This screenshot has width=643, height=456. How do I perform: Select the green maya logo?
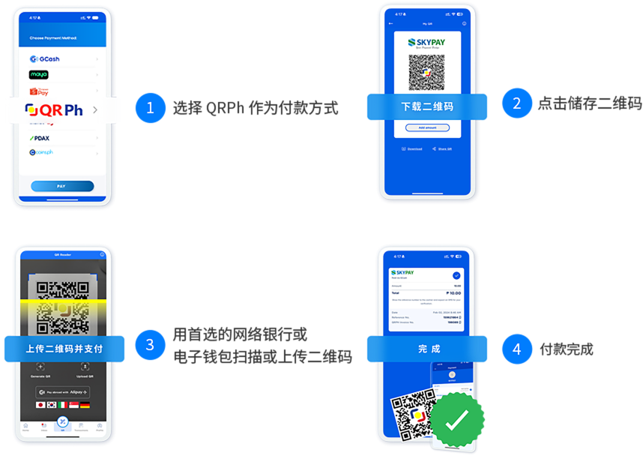(39, 74)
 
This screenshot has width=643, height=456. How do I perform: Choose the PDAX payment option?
(40, 138)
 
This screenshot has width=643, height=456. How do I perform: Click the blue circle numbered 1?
(150, 108)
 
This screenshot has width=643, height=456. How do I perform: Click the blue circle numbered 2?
(516, 102)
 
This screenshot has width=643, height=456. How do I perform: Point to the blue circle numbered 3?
(150, 344)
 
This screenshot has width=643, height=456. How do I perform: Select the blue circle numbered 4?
(516, 349)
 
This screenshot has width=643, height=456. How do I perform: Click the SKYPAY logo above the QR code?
(426, 43)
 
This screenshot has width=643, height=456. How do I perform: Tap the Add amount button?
(427, 127)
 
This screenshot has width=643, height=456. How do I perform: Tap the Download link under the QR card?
(412, 148)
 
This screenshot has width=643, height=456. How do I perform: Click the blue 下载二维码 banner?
(426, 106)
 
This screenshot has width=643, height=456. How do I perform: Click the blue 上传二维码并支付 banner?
(64, 349)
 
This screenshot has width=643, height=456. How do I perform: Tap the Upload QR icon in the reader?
(85, 367)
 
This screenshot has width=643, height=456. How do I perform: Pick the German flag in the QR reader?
(85, 405)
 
